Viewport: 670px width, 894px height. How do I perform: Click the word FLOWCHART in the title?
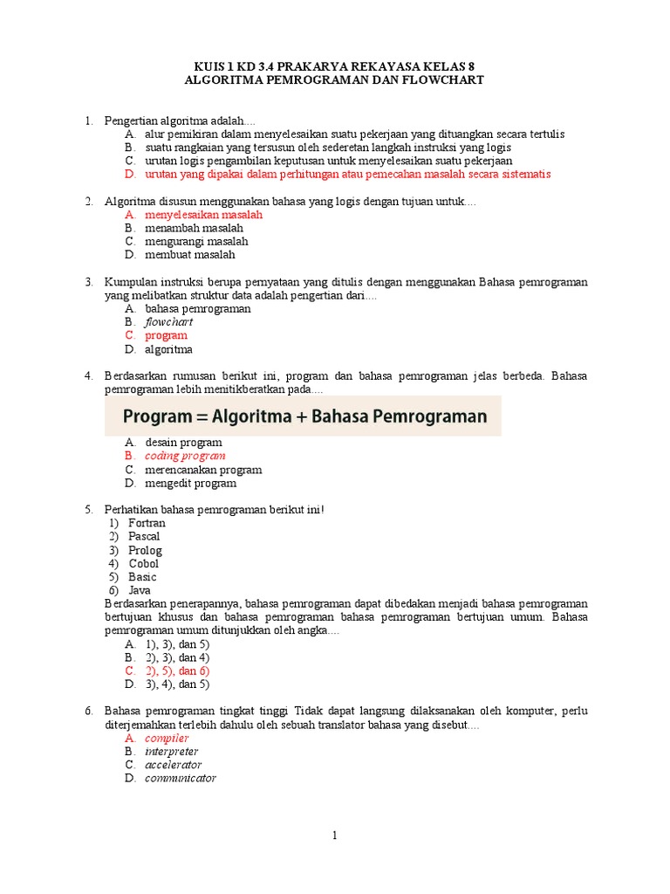441,79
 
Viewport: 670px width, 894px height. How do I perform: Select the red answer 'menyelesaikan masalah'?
203,214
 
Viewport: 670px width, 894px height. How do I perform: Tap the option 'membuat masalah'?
189,255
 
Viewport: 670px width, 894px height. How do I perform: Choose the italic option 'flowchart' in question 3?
168,322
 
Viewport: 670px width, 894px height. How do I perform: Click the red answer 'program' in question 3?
166,335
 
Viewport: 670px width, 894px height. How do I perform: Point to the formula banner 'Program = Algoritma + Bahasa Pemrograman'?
303,416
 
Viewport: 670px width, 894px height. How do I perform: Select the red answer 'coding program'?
185,456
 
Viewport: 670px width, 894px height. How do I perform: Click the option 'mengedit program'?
190,483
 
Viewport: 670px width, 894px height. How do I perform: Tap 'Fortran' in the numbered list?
147,523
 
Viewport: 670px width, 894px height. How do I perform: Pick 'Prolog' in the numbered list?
145,550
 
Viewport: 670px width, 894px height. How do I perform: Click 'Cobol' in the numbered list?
144,563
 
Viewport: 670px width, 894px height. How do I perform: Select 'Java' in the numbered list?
140,590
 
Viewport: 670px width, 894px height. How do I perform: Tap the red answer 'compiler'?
167,738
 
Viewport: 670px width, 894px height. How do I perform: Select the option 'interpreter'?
171,751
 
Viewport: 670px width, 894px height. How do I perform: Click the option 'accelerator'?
173,765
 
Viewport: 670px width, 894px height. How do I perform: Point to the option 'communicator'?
180,778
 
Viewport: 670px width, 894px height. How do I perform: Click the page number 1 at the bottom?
334,836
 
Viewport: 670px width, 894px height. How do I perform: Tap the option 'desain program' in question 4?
183,443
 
